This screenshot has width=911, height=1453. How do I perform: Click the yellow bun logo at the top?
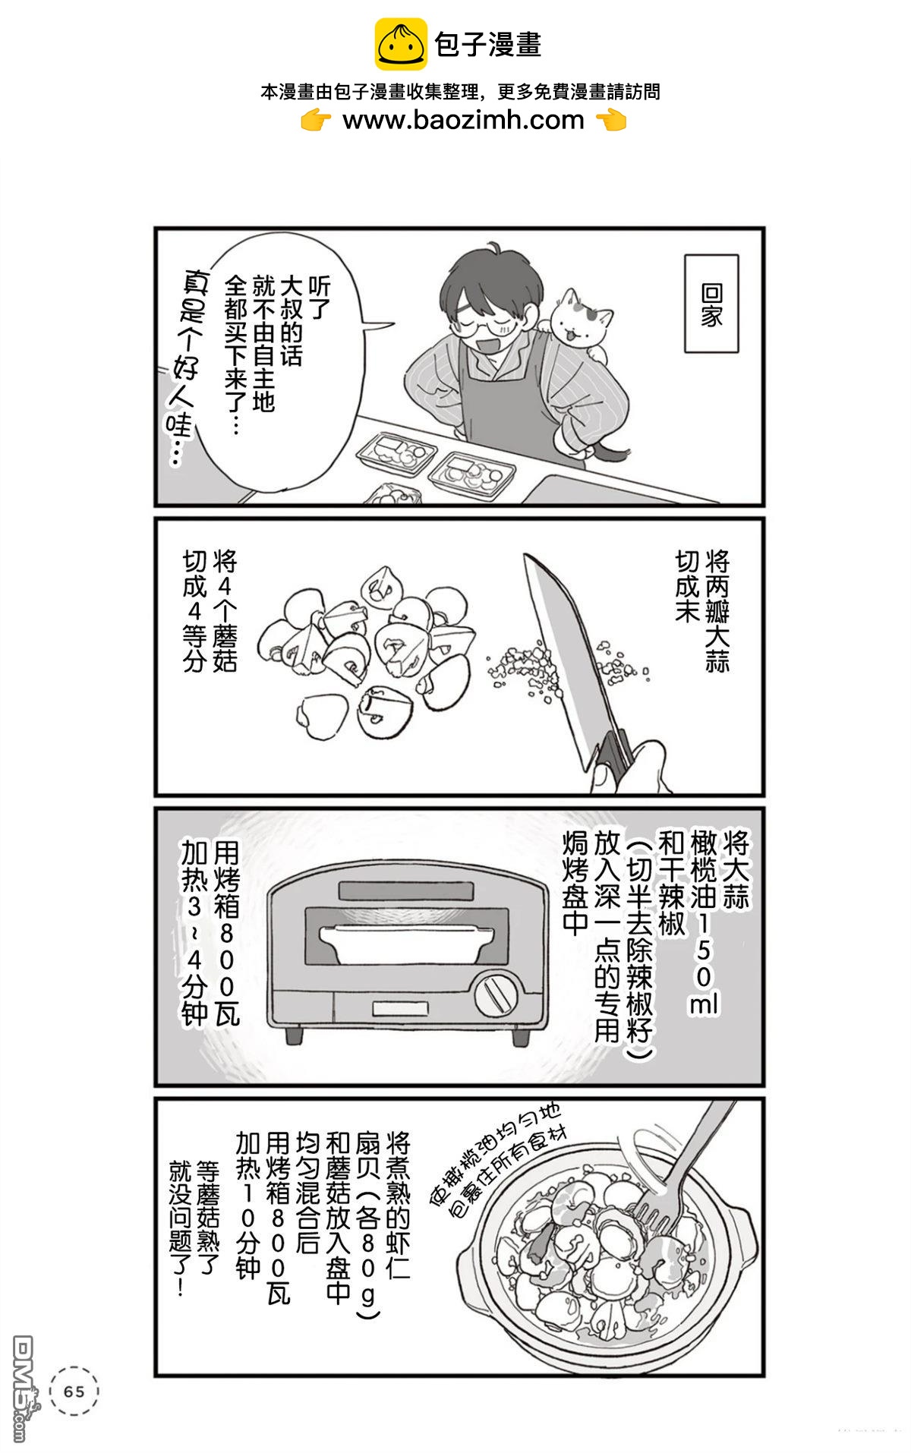point(400,44)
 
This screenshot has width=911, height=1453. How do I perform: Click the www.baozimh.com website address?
point(463,120)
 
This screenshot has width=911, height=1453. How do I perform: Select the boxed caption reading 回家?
point(711,304)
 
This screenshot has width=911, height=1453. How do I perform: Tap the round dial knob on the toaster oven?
point(496,994)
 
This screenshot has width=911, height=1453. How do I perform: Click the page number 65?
point(74,1392)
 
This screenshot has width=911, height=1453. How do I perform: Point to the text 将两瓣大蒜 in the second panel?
point(717,611)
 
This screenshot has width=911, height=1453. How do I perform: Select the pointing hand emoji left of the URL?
point(316,121)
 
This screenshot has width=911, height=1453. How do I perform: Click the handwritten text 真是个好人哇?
point(182,364)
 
